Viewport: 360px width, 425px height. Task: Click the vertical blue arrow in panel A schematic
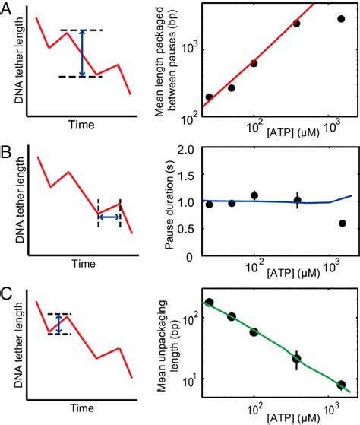[x=84, y=53]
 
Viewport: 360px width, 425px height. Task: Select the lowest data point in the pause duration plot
[x=343, y=224]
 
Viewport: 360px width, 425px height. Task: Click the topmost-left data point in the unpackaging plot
[x=209, y=303]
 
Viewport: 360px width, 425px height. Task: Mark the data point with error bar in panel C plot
[x=297, y=358]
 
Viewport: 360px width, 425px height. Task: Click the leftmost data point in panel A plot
[x=209, y=97]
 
